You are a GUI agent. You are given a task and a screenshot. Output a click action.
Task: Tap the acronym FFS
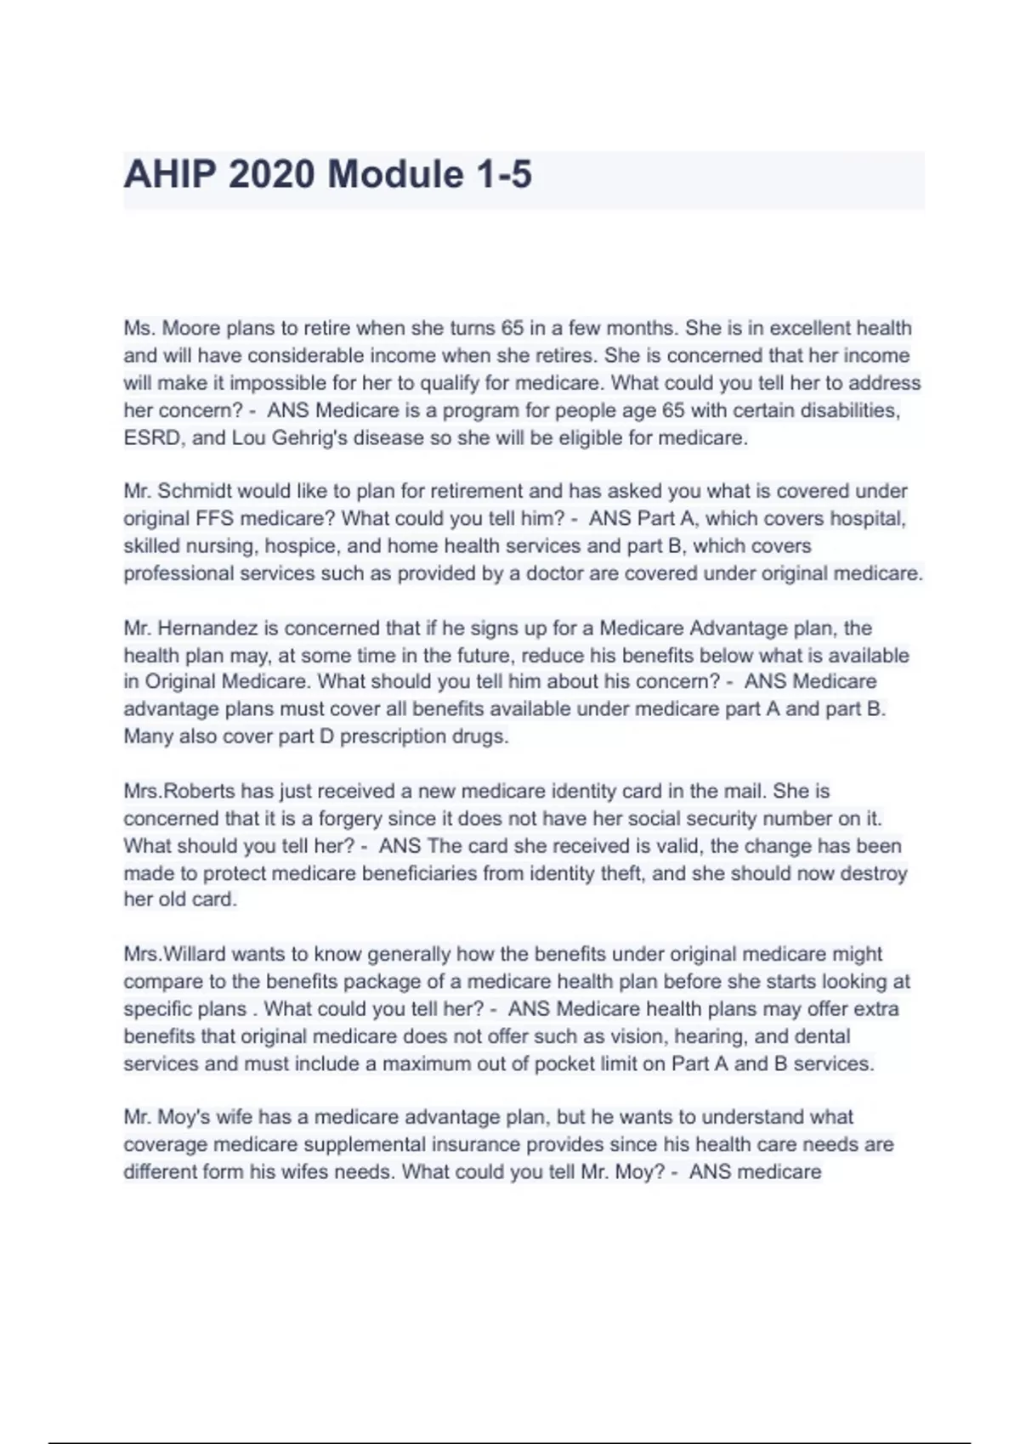(217, 518)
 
